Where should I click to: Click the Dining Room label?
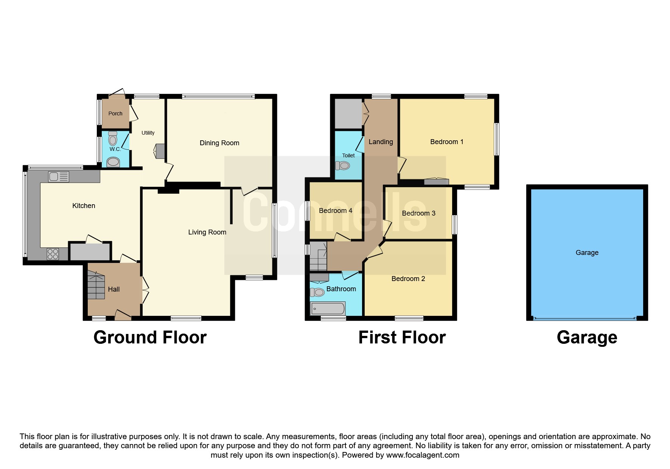pyautogui.click(x=219, y=143)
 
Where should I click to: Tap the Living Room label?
pyautogui.click(x=207, y=232)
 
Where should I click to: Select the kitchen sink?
pyautogui.click(x=59, y=177)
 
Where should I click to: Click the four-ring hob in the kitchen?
pyautogui.click(x=53, y=254)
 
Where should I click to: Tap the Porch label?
pyautogui.click(x=115, y=113)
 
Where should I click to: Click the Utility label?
pyautogui.click(x=148, y=133)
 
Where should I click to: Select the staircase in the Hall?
pyautogui.click(x=96, y=285)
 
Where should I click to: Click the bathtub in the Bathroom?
pyautogui.click(x=328, y=308)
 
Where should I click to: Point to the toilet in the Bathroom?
pyautogui.click(x=317, y=292)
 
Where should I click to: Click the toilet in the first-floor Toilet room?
pyautogui.click(x=342, y=166)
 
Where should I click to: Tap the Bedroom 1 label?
pyautogui.click(x=447, y=142)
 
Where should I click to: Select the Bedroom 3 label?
pyautogui.click(x=418, y=213)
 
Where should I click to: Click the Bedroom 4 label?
pyautogui.click(x=336, y=211)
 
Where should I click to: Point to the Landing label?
pyautogui.click(x=381, y=142)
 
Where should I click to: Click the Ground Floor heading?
pyautogui.click(x=150, y=337)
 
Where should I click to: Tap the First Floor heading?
pyautogui.click(x=402, y=337)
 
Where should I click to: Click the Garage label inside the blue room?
pyautogui.click(x=587, y=253)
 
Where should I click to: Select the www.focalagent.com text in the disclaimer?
pyautogui.click(x=423, y=455)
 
